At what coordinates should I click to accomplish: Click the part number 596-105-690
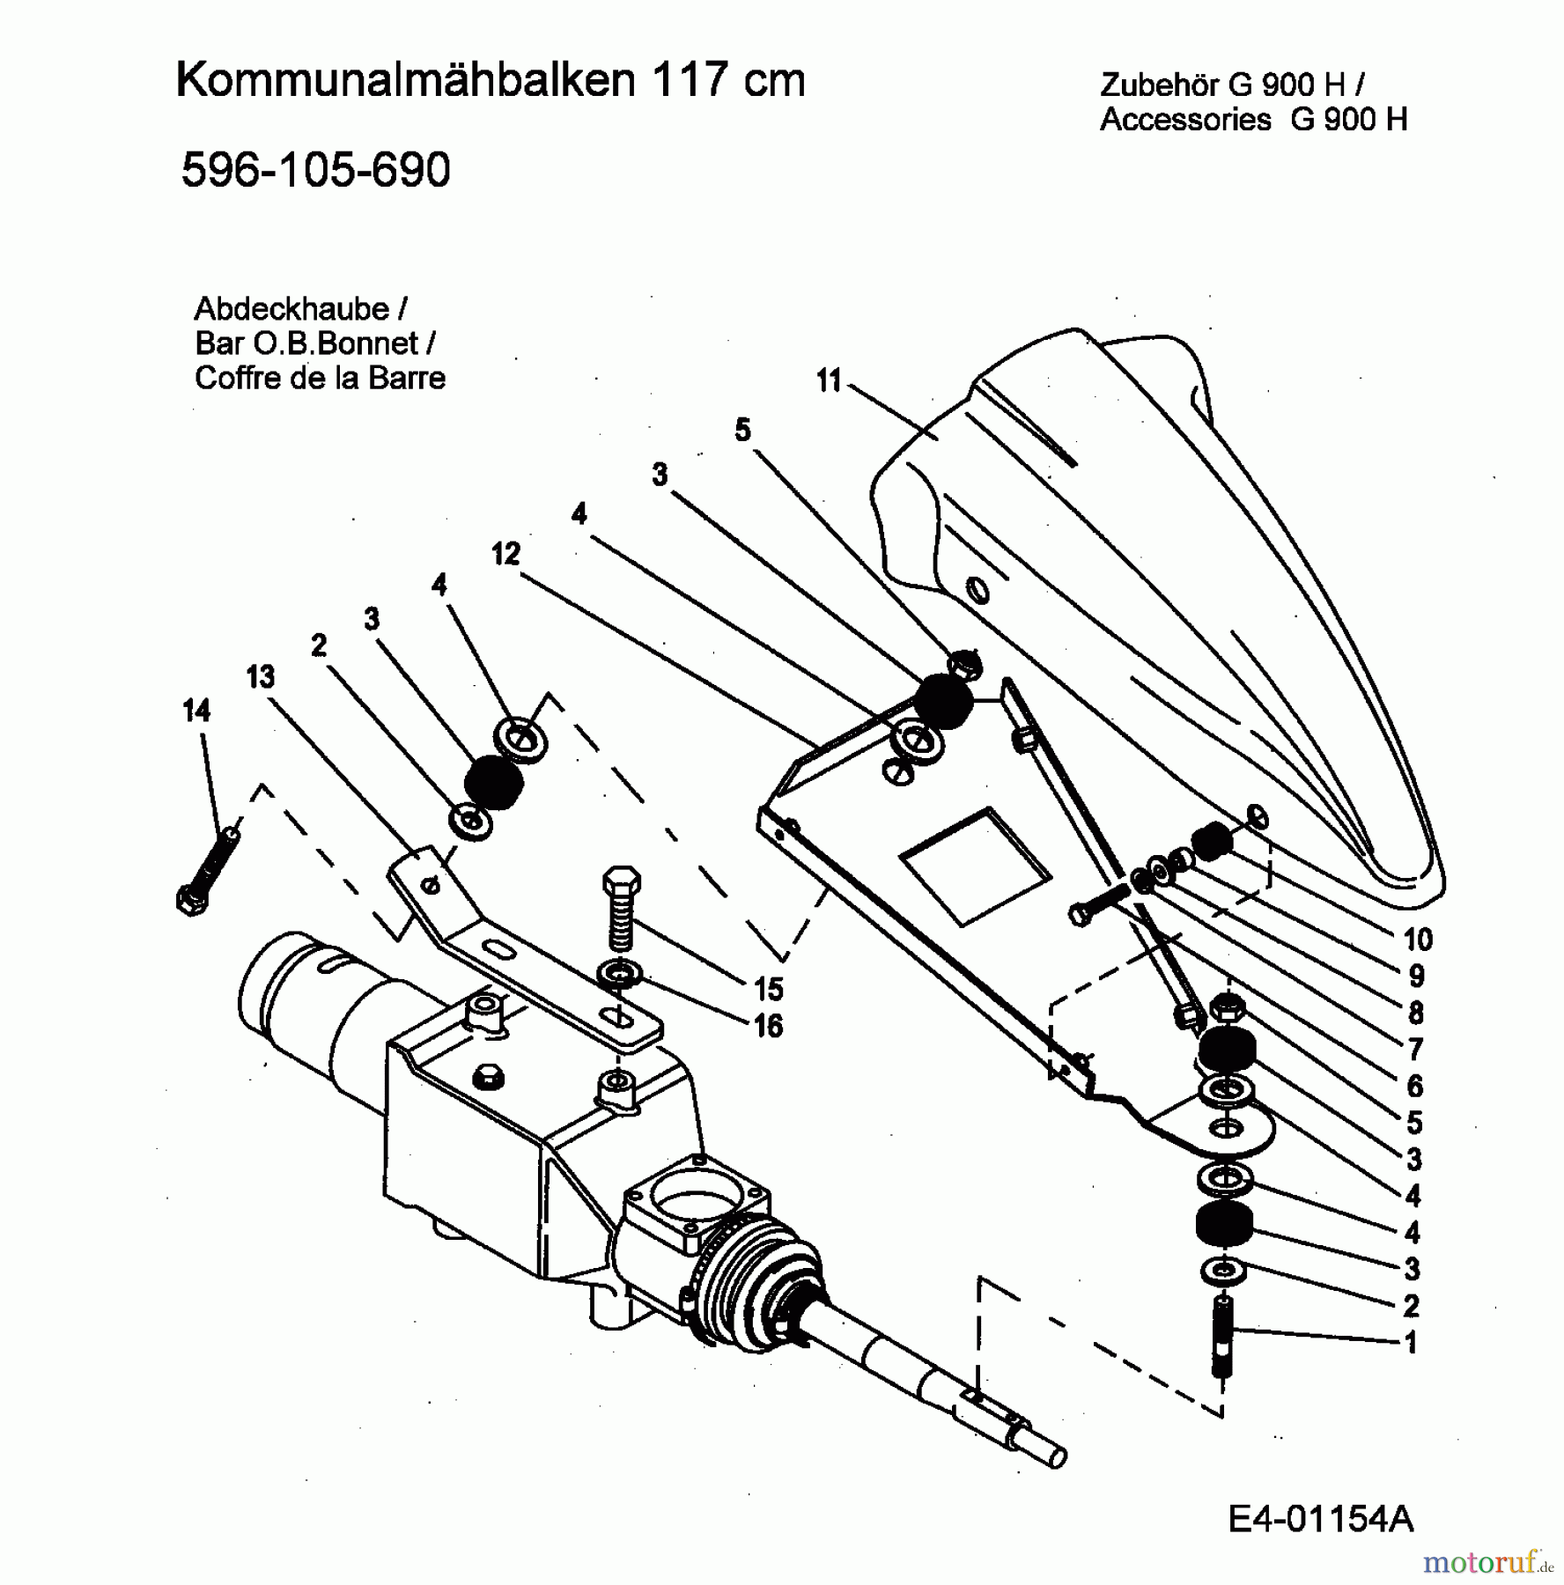coord(315,169)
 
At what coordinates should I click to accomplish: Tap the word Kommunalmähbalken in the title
coord(405,80)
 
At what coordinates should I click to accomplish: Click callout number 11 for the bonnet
coord(829,380)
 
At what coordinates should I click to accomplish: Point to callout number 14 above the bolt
coord(196,711)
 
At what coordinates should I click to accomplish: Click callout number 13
coord(261,676)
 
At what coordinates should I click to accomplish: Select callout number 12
coord(505,554)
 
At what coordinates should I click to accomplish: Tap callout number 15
coord(768,989)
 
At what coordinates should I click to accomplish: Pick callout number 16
coord(768,1026)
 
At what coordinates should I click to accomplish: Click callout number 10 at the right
coord(1417,940)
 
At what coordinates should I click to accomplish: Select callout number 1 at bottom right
coord(1411,1343)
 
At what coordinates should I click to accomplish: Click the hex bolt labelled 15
coord(621,907)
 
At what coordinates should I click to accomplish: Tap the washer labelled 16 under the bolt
coord(620,974)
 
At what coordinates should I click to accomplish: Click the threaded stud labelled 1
coord(1225,1338)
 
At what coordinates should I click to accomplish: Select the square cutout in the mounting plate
coord(975,866)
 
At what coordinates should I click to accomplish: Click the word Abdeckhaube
coord(291,309)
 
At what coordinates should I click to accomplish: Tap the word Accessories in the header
coord(1185,119)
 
